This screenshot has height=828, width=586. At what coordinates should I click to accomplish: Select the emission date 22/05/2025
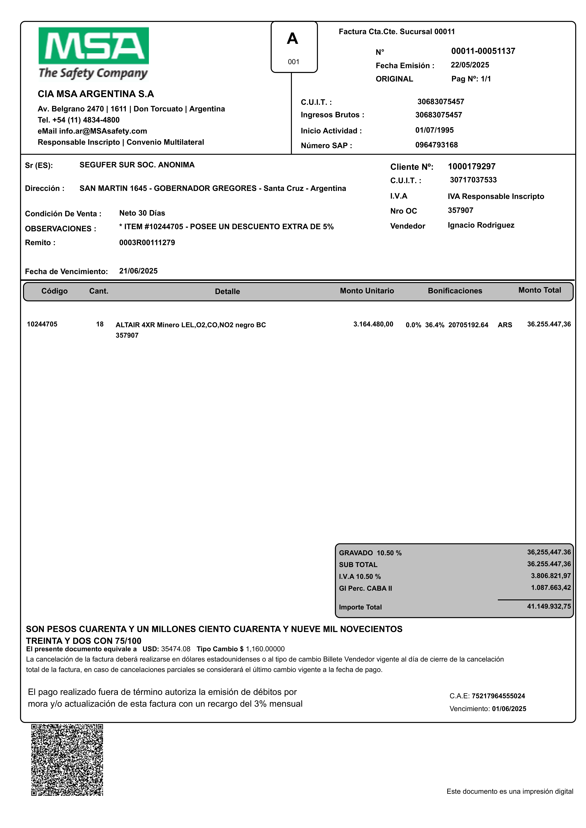[x=470, y=65]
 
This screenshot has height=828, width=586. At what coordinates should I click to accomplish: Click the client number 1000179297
[x=472, y=167]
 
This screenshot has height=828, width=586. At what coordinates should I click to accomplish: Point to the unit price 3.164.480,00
[x=373, y=324]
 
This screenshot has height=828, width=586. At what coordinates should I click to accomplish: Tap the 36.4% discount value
[x=434, y=325]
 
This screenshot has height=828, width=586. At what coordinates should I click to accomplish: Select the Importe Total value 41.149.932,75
[x=549, y=607]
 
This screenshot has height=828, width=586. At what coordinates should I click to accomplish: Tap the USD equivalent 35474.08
[x=176, y=649]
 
